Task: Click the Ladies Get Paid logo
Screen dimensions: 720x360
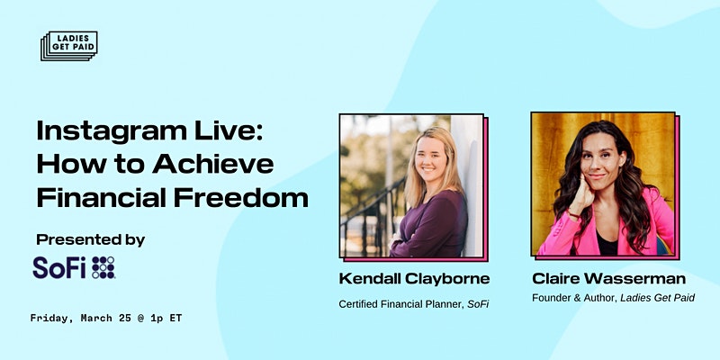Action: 69,46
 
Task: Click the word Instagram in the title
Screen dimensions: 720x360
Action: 112,132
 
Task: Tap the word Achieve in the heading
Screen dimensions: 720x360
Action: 213,165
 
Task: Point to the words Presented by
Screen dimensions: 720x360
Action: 91,240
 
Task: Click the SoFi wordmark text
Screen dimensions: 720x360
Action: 59,267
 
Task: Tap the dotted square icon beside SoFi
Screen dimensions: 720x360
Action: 103,267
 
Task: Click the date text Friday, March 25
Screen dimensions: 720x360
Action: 81,318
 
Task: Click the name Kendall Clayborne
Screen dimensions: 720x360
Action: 414,278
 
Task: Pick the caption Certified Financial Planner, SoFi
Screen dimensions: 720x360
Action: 413,304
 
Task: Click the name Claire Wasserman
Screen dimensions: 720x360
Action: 609,278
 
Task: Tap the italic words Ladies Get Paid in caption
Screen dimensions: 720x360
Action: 658,298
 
